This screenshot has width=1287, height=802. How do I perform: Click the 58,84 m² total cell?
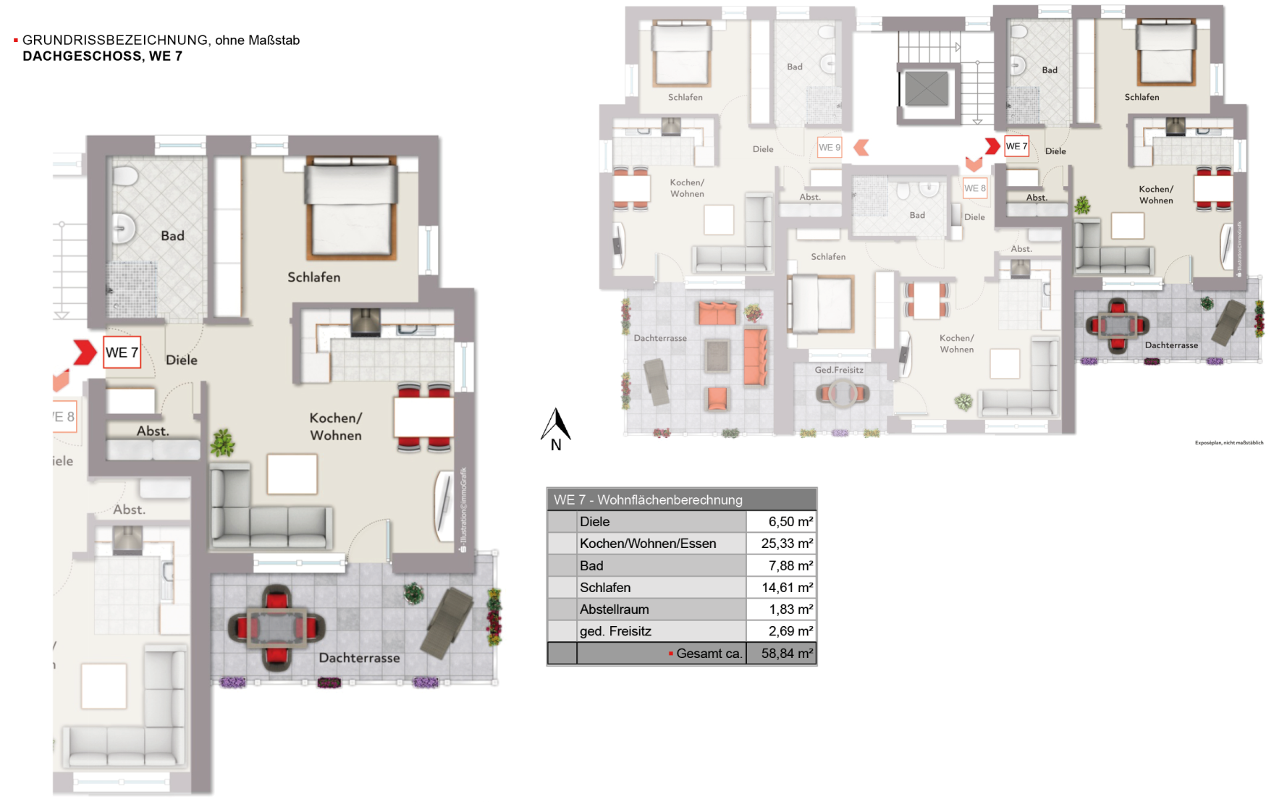tap(786, 654)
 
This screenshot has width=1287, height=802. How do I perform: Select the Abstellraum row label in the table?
tap(614, 609)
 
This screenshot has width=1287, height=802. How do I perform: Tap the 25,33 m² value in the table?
tap(786, 544)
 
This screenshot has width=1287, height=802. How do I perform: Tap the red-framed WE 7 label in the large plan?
tap(122, 353)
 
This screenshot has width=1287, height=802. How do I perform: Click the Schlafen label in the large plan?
tap(313, 277)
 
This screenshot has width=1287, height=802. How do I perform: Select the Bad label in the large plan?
tap(172, 236)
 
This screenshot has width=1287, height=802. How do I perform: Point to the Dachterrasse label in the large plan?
tap(359, 658)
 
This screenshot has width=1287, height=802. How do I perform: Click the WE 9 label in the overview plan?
tap(830, 148)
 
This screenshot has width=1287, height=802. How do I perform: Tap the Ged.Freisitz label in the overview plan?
tap(839, 370)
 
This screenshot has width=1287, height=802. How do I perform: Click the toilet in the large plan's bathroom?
tap(125, 176)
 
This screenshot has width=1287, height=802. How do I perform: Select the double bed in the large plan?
tap(351, 208)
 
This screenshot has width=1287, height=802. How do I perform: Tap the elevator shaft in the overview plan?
tap(927, 88)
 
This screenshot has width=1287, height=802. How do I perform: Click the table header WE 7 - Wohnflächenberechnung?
tap(648, 499)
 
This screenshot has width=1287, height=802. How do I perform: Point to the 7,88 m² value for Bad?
tap(790, 565)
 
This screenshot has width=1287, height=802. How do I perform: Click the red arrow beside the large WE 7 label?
tap(84, 353)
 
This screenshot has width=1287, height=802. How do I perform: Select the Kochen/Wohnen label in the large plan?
tap(336, 426)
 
